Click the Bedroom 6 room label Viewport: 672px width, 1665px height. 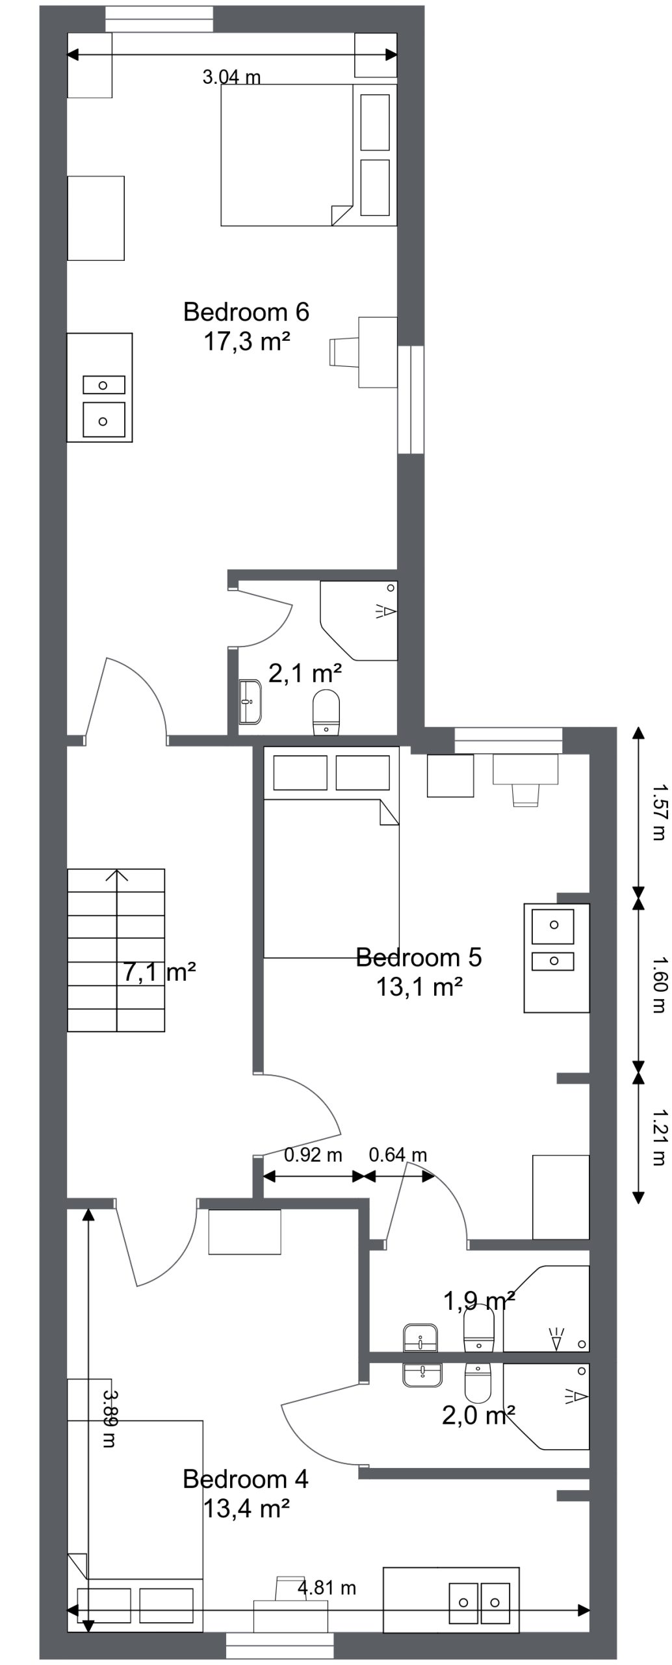click(246, 312)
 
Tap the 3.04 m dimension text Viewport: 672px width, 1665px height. click(231, 77)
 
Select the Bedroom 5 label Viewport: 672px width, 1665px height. click(419, 957)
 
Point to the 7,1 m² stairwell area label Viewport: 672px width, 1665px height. click(159, 972)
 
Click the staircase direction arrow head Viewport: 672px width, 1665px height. click(117, 875)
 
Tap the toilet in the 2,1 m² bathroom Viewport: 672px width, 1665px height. click(326, 712)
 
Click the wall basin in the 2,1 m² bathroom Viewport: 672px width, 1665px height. click(250, 702)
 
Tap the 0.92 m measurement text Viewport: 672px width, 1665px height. click(313, 1155)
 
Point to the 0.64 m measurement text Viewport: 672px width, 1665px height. click(398, 1155)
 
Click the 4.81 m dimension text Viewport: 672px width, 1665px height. click(327, 1588)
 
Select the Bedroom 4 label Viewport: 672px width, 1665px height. click(246, 1479)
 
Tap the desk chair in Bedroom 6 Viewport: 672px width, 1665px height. click(342, 352)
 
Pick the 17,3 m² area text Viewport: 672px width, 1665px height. click(247, 341)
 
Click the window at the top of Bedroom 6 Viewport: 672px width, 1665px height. click(159, 19)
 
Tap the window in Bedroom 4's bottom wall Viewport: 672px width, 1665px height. click(279, 1645)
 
